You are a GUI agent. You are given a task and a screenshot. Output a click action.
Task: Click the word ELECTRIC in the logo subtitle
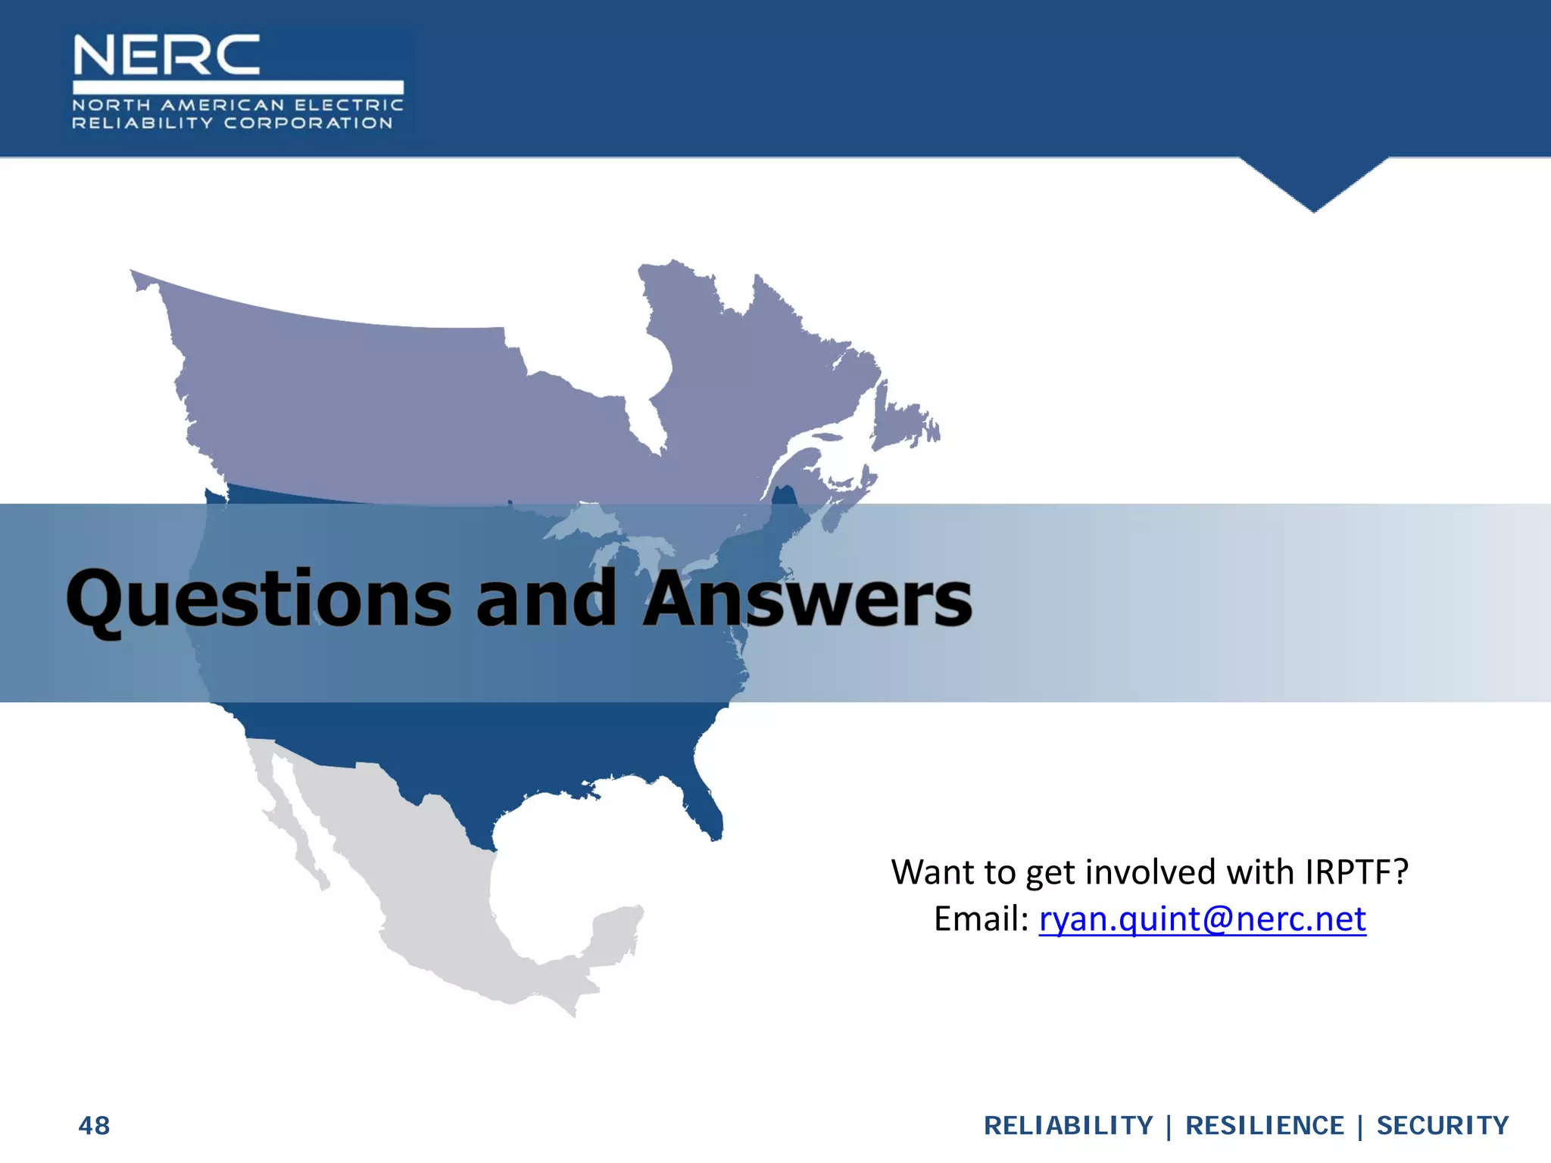[348, 105]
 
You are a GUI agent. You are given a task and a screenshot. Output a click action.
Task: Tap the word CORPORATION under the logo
[308, 123]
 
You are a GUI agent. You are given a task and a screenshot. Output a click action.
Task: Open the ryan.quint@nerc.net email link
[1202, 919]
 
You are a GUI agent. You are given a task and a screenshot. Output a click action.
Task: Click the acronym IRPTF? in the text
[1356, 872]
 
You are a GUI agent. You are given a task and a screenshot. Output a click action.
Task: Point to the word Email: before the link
[981, 919]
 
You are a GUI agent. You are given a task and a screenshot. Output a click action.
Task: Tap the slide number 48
[94, 1126]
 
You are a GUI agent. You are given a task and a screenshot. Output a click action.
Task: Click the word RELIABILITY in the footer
[1068, 1126]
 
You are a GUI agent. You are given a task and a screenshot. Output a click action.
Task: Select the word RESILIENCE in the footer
[1265, 1126]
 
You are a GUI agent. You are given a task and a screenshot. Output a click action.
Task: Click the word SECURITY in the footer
[1443, 1126]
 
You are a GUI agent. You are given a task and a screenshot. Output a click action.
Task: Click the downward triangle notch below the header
[1314, 182]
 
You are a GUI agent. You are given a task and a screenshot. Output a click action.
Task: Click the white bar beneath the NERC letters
[238, 87]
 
